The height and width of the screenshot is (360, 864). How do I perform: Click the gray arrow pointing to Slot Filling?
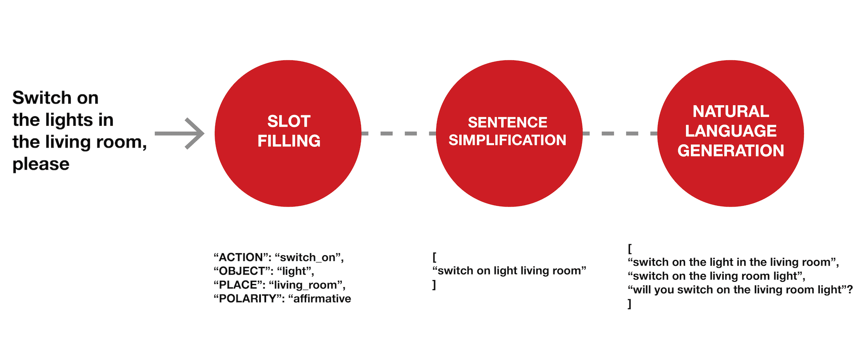180,133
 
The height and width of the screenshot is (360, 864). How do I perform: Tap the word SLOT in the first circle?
289,121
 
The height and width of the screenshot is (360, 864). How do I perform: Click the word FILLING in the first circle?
289,141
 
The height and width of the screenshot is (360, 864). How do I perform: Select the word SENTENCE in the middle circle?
507,122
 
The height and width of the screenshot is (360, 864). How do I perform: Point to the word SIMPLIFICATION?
507,140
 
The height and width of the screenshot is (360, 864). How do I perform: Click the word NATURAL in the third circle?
731,111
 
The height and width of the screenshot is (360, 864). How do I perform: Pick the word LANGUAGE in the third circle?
731,131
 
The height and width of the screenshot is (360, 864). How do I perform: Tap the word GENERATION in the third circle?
731,150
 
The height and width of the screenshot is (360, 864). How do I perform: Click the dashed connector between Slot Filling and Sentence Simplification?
399,133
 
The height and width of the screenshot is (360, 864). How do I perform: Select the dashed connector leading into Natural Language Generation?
620,133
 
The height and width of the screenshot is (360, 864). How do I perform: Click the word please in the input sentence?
41,164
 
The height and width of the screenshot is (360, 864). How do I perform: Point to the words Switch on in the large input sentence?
56,98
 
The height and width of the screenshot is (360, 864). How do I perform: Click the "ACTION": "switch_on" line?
279,257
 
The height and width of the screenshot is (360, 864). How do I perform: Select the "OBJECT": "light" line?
264,271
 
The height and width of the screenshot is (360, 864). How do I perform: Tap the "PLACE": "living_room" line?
280,285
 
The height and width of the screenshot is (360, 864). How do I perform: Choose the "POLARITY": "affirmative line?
282,298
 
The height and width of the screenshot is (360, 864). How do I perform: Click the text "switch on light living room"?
510,271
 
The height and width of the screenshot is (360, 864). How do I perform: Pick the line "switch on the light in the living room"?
733,262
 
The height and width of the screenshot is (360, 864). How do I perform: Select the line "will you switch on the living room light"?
740,290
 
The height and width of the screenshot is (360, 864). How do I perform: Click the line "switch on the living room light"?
717,276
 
